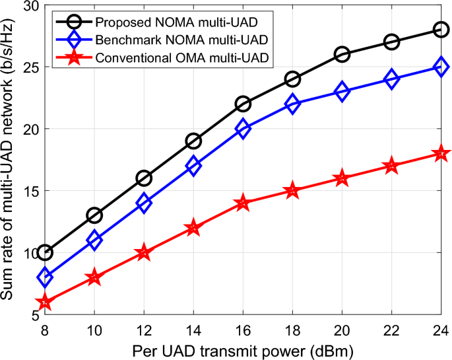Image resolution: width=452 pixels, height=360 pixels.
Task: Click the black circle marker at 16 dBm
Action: [x=243, y=104]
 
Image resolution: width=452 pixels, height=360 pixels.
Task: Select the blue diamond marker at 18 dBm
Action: [x=292, y=104]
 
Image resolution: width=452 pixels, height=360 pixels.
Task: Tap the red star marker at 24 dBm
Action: [x=441, y=153]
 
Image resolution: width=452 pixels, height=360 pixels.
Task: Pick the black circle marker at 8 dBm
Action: [x=45, y=252]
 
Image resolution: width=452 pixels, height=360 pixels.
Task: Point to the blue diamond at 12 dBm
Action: [x=144, y=203]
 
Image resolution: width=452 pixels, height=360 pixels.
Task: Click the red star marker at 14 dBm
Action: [x=193, y=228]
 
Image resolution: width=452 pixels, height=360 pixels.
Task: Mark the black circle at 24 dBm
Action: [x=441, y=30]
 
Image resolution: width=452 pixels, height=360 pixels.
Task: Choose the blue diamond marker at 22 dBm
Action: [x=391, y=79]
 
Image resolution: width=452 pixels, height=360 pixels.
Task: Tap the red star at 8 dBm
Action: [x=45, y=302]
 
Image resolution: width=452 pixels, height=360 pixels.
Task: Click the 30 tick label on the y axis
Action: [x=29, y=6]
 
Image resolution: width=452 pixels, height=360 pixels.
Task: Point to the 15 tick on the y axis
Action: [x=29, y=191]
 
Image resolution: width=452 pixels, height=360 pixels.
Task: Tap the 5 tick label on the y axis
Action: [x=33, y=314]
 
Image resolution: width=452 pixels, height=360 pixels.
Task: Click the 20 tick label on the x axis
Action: [x=342, y=328]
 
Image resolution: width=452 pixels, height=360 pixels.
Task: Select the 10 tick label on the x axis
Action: [x=94, y=328]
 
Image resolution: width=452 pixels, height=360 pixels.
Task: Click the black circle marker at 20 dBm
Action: [x=342, y=54]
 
